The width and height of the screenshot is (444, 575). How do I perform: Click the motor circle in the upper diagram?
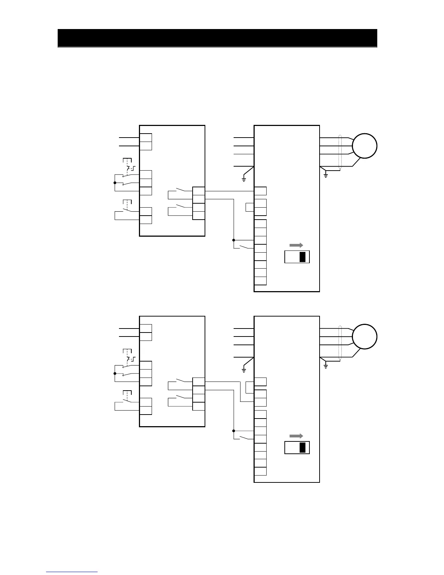[x=365, y=146]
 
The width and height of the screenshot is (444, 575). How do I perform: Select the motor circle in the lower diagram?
[x=365, y=336]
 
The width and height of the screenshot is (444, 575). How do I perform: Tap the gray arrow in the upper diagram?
[x=296, y=245]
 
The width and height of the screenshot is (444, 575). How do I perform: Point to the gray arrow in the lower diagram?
[x=296, y=436]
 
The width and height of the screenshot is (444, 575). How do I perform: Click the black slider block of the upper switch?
[x=303, y=257]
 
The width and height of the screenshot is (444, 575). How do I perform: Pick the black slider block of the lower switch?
[x=303, y=448]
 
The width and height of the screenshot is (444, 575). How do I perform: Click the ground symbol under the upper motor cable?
[x=326, y=175]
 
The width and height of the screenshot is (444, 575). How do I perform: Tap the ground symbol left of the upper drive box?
[x=244, y=179]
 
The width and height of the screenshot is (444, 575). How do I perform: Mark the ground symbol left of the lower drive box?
[x=244, y=370]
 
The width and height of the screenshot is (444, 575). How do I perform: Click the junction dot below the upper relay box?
[x=234, y=240]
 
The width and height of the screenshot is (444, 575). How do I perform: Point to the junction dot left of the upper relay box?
[x=115, y=183]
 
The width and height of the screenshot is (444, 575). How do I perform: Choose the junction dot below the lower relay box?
[x=234, y=431]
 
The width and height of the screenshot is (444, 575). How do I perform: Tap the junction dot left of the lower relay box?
[x=115, y=373]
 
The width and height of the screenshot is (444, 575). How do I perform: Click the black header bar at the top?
[x=217, y=38]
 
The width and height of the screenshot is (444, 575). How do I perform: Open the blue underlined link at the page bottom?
[x=72, y=572]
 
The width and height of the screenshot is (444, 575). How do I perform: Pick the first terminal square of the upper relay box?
[x=146, y=138]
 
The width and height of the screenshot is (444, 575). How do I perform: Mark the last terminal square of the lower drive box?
[x=260, y=471]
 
